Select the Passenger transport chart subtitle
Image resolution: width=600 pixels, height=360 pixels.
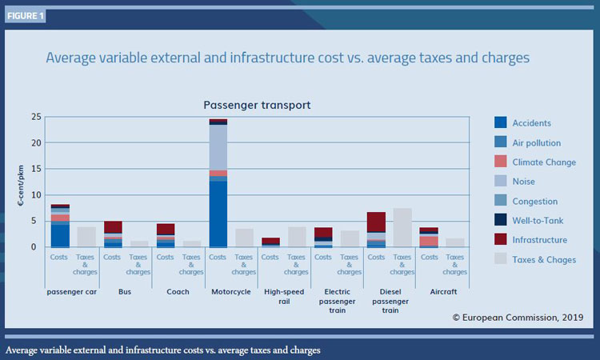257,105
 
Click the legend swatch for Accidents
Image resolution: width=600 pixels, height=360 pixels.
501,123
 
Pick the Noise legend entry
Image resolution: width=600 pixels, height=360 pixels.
525,182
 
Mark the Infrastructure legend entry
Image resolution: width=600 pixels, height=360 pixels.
540,240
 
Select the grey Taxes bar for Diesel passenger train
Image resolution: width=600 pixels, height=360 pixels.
402,227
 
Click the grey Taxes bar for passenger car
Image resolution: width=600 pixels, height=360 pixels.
86,237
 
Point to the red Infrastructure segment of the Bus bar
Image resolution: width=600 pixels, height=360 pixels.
113,226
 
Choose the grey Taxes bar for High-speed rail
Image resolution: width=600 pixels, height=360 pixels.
297,237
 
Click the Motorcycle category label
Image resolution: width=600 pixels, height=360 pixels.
231,292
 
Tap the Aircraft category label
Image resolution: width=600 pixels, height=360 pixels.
442,292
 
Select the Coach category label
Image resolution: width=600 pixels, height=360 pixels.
178,292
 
